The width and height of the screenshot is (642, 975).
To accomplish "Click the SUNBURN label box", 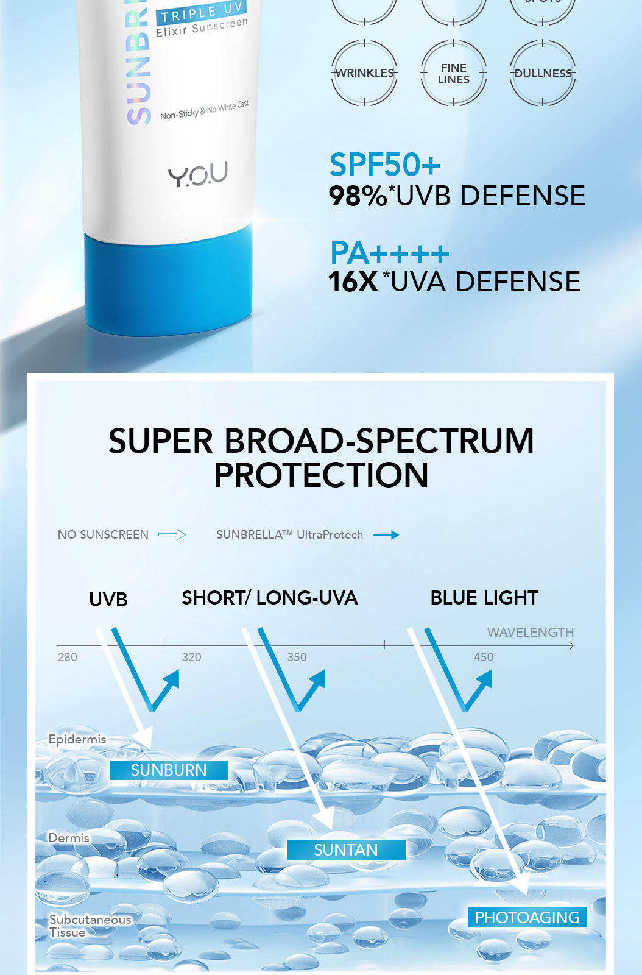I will coord(169,770).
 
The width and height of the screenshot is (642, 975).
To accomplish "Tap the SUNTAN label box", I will coord(345,850).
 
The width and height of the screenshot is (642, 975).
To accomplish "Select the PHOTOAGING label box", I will coord(527,917).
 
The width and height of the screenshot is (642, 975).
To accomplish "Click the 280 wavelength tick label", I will coord(67,657).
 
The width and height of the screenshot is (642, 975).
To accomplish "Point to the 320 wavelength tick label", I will coord(191,657).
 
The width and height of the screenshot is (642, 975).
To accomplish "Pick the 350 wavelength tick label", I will coord(297,657).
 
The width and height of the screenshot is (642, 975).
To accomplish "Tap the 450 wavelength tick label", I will coord(484,657).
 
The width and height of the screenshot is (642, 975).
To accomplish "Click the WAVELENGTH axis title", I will coord(530,633).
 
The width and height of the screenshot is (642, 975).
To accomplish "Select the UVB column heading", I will coord(108,600).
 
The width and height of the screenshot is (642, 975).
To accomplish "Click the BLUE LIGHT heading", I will coord(484,598).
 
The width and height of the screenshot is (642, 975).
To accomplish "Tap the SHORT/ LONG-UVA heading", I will coord(269,598).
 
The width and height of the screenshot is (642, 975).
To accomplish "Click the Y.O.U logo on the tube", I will coord(197,174).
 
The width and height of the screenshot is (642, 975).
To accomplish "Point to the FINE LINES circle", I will coord(454,73).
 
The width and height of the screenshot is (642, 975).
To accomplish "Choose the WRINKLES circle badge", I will coord(364,73).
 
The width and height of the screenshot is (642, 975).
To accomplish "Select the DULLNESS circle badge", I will coord(543,73).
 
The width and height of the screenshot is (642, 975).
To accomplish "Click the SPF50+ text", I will coord(384,165).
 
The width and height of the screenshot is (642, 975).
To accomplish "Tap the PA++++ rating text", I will coord(389,252).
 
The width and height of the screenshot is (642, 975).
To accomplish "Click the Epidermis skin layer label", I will coord(77,739).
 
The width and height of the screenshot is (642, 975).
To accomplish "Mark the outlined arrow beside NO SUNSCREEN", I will coord(172,535).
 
